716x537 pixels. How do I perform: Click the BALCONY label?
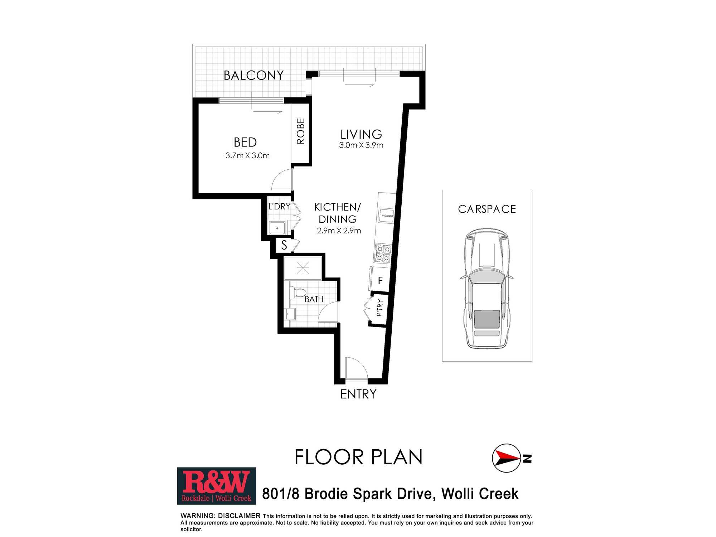[x=253, y=76]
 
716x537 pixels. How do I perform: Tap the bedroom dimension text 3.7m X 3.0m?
[x=247, y=155]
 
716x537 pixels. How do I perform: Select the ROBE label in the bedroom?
[x=301, y=131]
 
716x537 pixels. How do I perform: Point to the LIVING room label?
[x=361, y=134]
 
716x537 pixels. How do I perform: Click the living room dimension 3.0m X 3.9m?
[x=361, y=145]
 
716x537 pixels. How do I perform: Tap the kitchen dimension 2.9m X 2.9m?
[x=339, y=231]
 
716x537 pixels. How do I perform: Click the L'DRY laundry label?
[x=279, y=207]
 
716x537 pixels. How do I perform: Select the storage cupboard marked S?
[x=284, y=245]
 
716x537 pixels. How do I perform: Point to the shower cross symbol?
[x=303, y=268]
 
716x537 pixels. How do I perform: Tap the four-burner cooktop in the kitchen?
[x=383, y=253]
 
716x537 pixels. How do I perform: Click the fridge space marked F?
[x=380, y=281]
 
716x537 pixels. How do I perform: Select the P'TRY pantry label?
[x=379, y=308]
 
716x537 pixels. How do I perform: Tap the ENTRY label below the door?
[x=358, y=394]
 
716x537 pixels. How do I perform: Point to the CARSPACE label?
[x=487, y=209]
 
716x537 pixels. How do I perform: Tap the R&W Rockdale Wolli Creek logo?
[x=217, y=486]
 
